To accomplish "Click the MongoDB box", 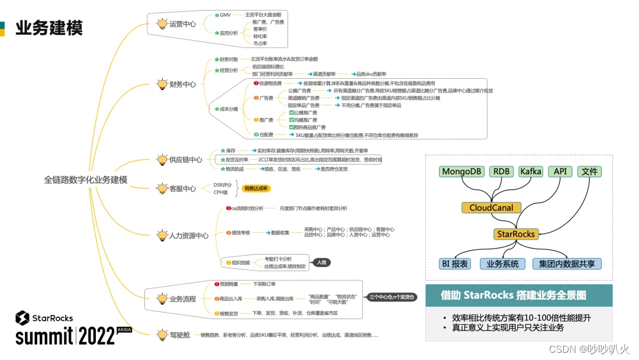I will coord(462,172).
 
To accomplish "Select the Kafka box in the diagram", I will coord(531,172).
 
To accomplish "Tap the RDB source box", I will coord(502,172).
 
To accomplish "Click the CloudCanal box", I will coord(491,208).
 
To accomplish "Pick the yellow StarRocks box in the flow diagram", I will coord(516,234).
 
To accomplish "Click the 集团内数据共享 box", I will coord(567,264).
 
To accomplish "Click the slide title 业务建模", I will coord(49,28).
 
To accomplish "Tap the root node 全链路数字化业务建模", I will coord(86,179).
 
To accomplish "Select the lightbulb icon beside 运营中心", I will coord(162,24).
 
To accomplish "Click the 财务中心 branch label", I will coord(183,85).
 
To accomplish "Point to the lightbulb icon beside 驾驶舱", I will coord(162,335).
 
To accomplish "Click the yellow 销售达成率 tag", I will coord(256,188).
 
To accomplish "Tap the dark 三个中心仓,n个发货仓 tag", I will coord(392,297).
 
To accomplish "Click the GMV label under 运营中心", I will coord(225,15).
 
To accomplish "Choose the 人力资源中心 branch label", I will coord(189,236).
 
